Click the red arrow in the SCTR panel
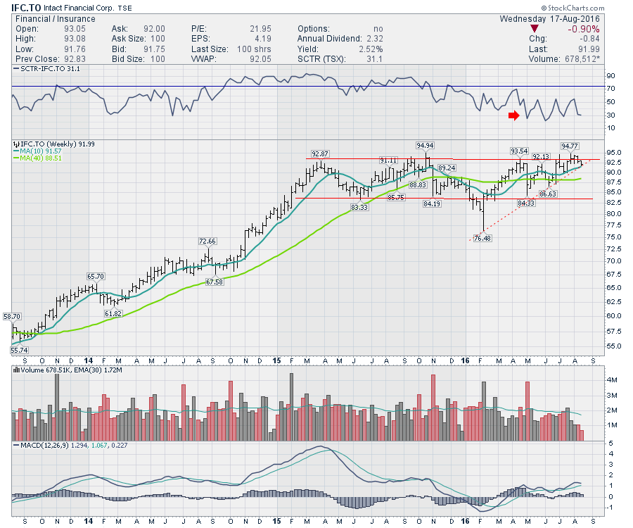click(x=514, y=115)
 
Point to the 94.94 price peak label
click(x=425, y=146)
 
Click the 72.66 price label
click(x=208, y=241)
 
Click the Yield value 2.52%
click(x=370, y=49)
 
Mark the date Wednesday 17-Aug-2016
click(x=553, y=18)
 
